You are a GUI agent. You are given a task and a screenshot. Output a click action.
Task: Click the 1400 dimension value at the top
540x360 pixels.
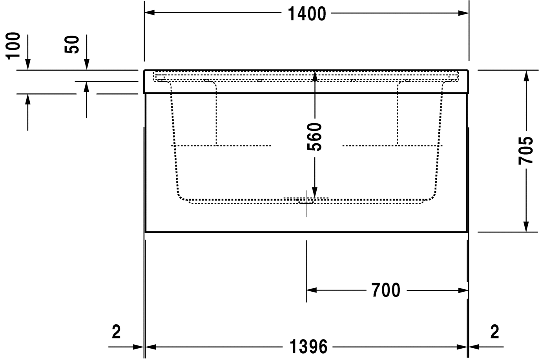click(306, 14)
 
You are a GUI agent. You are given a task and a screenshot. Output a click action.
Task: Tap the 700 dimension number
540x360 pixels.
click(385, 291)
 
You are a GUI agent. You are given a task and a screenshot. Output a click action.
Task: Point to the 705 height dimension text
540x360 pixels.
click(525, 151)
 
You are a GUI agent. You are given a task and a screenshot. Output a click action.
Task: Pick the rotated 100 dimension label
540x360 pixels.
click(14, 46)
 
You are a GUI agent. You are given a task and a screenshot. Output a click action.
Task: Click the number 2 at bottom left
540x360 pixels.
click(116, 332)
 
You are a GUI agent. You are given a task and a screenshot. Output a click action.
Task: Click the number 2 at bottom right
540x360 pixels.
click(494, 332)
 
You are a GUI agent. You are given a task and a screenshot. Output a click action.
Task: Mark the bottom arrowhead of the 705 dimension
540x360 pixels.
click(526, 227)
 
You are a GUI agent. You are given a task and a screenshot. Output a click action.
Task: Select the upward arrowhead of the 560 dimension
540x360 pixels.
click(314, 76)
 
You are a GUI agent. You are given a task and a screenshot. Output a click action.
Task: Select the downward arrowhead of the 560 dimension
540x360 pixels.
click(314, 191)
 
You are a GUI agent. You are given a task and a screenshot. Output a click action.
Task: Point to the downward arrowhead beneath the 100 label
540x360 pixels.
click(27, 65)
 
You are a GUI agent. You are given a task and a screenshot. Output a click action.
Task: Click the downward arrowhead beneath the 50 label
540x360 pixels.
click(87, 65)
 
